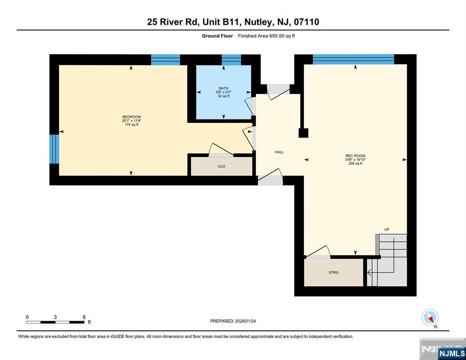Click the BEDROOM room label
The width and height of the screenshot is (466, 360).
(x=131, y=117)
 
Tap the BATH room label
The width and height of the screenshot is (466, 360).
(x=224, y=88)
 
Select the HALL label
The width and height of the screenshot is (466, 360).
(x=279, y=152)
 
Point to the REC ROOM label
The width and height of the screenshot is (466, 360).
(x=355, y=156)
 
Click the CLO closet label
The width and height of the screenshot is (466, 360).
(x=221, y=166)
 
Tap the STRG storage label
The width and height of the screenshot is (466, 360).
(x=333, y=272)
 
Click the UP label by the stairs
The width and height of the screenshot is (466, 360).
(x=387, y=230)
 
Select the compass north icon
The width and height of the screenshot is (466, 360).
(x=430, y=317)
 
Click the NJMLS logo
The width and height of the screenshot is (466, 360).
(x=452, y=353)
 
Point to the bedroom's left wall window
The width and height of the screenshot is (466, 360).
(x=54, y=149)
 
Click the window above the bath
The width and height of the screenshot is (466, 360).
(x=231, y=60)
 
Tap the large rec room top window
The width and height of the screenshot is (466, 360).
(x=353, y=59)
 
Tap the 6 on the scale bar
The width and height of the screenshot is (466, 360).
(x=84, y=317)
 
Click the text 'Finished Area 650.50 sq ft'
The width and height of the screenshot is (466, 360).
(x=266, y=36)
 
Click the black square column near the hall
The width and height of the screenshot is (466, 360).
(x=303, y=133)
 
